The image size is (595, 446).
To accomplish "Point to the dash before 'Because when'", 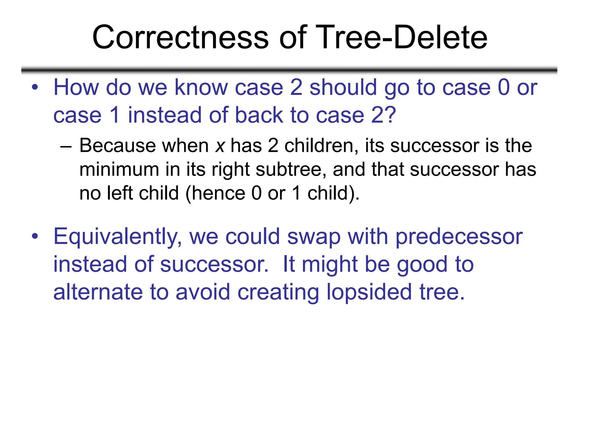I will pyautogui.click(x=66, y=146).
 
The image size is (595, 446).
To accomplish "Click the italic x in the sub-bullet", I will pyautogui.click(x=220, y=146).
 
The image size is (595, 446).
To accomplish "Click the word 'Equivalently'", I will pyautogui.click(x=118, y=237).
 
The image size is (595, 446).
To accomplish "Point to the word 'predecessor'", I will pyautogui.click(x=459, y=237).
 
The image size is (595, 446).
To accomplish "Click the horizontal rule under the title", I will pyautogui.click(x=289, y=70).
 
